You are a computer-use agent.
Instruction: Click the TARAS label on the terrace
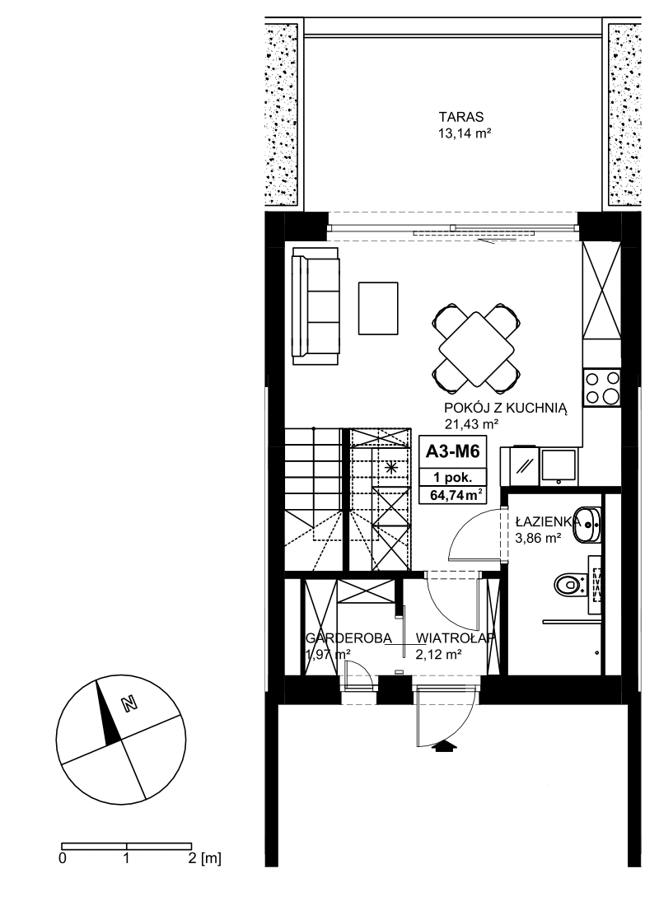click(x=460, y=117)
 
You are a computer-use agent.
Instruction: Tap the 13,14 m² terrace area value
click(x=465, y=134)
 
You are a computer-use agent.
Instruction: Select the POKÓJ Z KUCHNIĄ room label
click(x=506, y=408)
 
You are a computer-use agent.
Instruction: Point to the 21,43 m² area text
click(x=472, y=424)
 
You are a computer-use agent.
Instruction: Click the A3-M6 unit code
click(x=452, y=451)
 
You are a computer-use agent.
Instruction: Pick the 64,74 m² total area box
click(x=455, y=495)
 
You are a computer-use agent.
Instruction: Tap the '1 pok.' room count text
click(x=454, y=478)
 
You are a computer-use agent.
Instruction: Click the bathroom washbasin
click(x=587, y=525)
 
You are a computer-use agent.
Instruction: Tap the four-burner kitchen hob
click(x=601, y=387)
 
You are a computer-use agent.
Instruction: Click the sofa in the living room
click(x=315, y=306)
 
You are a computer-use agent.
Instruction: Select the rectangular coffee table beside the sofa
click(x=378, y=308)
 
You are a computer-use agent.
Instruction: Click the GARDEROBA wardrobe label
click(x=348, y=637)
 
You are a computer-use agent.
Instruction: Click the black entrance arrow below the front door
click(x=444, y=747)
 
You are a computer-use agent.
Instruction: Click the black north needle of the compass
click(x=108, y=714)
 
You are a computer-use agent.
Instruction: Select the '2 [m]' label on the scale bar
click(x=204, y=858)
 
